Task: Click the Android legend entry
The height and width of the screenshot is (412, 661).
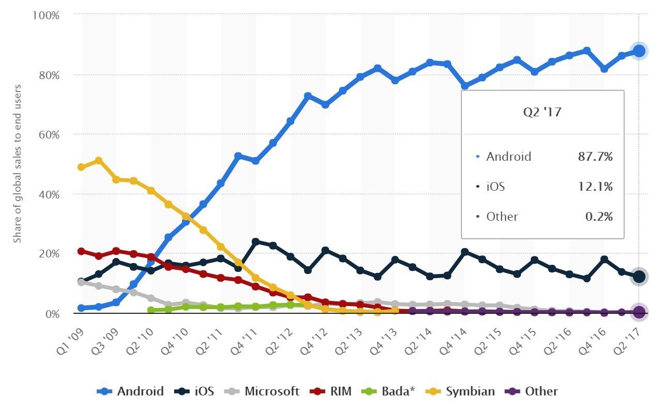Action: click(130, 391)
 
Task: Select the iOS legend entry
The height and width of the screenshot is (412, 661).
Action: click(194, 391)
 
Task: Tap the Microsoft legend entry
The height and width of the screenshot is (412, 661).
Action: click(262, 391)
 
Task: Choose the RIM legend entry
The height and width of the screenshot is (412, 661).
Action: click(331, 391)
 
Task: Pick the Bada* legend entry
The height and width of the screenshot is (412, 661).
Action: click(388, 391)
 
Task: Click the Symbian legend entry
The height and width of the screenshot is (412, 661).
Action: click(460, 391)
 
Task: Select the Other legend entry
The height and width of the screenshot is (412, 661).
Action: click(531, 391)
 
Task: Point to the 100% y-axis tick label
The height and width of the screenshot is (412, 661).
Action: click(46, 15)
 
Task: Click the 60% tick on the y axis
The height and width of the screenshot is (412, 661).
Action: click(49, 135)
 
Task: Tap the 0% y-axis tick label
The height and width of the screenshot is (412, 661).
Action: click(53, 314)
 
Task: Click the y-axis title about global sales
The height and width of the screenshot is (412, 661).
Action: click(18, 163)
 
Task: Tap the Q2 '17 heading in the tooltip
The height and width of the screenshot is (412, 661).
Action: click(542, 112)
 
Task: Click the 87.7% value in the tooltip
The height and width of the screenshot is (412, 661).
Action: click(595, 157)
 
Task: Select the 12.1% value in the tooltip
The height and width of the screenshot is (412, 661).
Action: click(595, 187)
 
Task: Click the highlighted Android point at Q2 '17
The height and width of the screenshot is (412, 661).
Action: click(639, 51)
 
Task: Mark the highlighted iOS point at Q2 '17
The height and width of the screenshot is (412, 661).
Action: click(639, 277)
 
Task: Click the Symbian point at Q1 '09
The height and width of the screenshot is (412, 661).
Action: click(81, 167)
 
